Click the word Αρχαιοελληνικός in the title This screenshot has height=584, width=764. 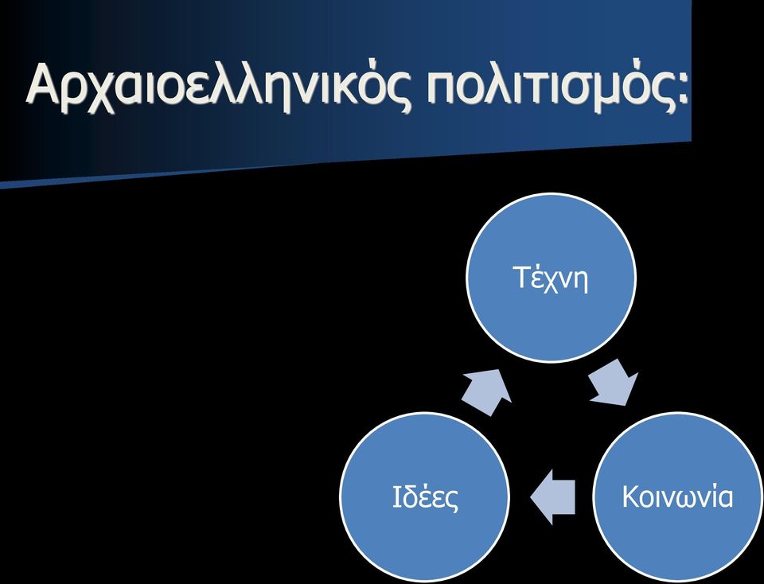pos(218,87)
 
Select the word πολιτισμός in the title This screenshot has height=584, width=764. pos(548,87)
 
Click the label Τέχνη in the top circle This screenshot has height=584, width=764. pos(551,279)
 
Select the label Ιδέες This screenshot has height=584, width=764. pos(425,497)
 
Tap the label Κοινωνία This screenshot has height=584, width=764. pos(677,496)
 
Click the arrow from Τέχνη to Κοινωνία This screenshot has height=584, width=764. pos(614,383)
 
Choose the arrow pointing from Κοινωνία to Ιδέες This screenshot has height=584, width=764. pos(552,497)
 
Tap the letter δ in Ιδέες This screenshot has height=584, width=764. pos(411,498)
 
